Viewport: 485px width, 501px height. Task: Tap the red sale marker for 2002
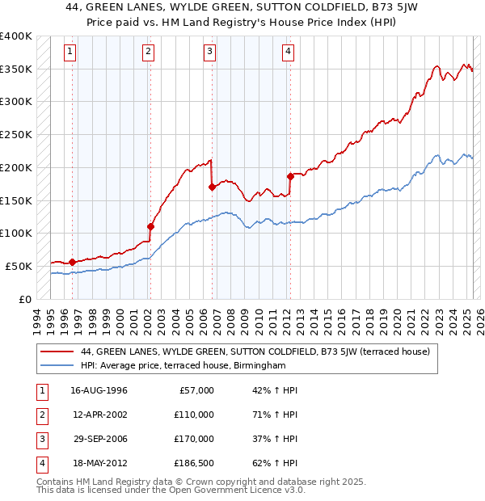click(150, 226)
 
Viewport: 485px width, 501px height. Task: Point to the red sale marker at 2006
click(212, 187)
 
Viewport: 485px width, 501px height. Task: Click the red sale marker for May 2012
click(289, 175)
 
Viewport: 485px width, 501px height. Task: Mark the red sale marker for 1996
click(72, 261)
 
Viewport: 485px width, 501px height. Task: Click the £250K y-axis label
click(15, 134)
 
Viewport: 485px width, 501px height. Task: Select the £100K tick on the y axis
click(15, 233)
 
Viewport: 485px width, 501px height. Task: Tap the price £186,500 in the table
click(194, 463)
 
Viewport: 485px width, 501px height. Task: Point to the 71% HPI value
click(275, 415)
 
